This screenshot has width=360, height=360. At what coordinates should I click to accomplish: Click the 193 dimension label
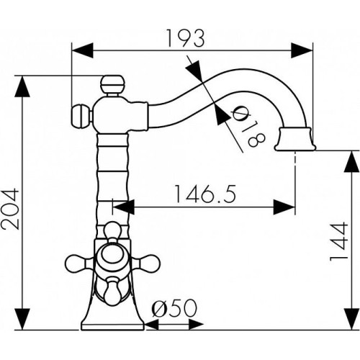pyautogui.click(x=185, y=39)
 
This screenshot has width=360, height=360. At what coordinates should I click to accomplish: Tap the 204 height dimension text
pyautogui.click(x=10, y=210)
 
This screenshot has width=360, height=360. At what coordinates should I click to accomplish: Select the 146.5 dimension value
pyautogui.click(x=204, y=194)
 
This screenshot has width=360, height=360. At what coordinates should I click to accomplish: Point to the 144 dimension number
pyautogui.click(x=339, y=241)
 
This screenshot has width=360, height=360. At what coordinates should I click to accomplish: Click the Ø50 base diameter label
pyautogui.click(x=174, y=308)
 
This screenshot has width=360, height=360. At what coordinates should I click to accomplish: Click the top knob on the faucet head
pyautogui.click(x=112, y=84)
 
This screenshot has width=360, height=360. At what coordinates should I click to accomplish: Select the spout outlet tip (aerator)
pyautogui.click(x=295, y=140)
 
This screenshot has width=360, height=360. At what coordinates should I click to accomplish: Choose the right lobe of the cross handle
pyautogui.click(x=145, y=262)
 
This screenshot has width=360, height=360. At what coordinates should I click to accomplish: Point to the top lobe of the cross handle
pyautogui.click(x=112, y=231)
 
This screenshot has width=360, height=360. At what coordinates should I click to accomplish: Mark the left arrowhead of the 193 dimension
pyautogui.click(x=83, y=50)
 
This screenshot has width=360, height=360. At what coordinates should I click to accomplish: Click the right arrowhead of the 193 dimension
pyautogui.click(x=302, y=50)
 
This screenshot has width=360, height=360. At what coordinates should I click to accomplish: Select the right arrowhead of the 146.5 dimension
pyautogui.click(x=284, y=207)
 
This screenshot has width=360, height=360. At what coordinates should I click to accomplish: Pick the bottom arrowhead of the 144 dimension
pyautogui.click(x=352, y=319)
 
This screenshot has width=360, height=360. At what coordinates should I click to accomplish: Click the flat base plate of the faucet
pyautogui.click(x=112, y=326)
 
